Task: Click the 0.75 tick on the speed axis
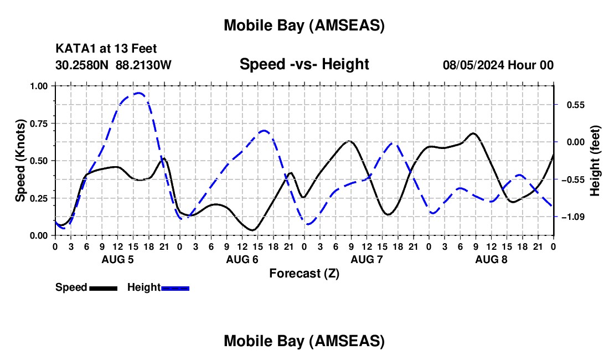tap(40, 123)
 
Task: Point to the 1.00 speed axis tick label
tap(40, 86)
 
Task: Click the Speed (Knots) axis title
tap(20, 160)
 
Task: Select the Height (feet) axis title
tap(595, 160)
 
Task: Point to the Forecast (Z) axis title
tap(304, 273)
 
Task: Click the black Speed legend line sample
tap(103, 287)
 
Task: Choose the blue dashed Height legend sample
tap(175, 287)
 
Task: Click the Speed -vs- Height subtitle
tap(304, 64)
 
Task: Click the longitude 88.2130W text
tap(144, 65)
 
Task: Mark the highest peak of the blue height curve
tap(139, 93)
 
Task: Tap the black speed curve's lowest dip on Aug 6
tap(252, 230)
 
